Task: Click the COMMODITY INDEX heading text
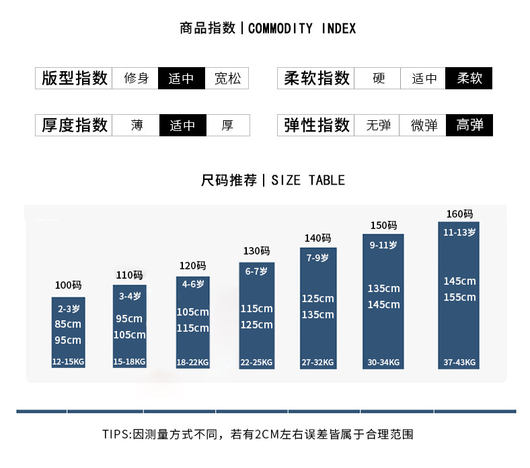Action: pos(302,28)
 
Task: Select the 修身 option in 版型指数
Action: pos(136,78)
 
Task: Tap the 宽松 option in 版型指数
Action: pos(227,78)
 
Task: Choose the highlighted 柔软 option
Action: pos(469,78)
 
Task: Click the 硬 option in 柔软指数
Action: pos(379,78)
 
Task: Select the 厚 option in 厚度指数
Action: pos(227,125)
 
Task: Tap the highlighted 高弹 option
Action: pos(469,125)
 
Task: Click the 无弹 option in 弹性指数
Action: pos(379,125)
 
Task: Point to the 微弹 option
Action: pos(424,125)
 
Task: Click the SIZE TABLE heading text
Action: pos(308,180)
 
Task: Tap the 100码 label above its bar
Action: pos(68,285)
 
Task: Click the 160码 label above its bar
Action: pos(459,214)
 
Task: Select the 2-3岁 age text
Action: pos(69,310)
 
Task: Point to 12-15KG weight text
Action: pos(69,362)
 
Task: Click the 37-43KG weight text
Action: pos(459,362)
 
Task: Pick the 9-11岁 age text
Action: pos(383,245)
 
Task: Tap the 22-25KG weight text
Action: pos(257,363)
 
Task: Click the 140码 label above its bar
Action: pos(317,238)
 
